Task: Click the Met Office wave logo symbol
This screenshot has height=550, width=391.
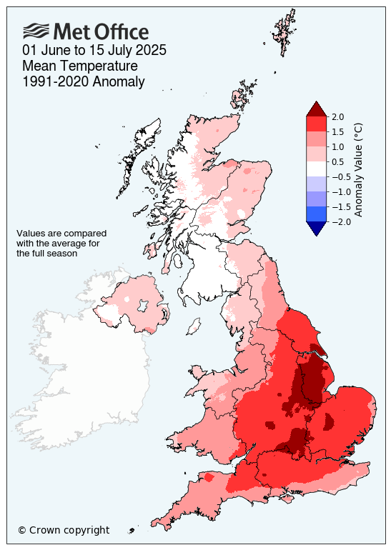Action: pyautogui.click(x=36, y=31)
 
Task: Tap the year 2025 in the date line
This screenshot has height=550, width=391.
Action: pyautogui.click(x=150, y=50)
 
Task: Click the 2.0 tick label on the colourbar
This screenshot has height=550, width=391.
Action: pyautogui.click(x=338, y=116)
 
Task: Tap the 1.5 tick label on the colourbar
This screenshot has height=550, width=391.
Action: pyautogui.click(x=338, y=131)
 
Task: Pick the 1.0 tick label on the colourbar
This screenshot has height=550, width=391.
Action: pyautogui.click(x=338, y=146)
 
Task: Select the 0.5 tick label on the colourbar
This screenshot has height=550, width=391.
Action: pyautogui.click(x=338, y=161)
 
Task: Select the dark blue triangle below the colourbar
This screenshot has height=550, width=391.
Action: pyautogui.click(x=316, y=228)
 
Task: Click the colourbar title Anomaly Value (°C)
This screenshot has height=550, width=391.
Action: pyautogui.click(x=359, y=169)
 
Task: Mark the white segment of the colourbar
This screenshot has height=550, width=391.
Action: pyautogui.click(x=316, y=169)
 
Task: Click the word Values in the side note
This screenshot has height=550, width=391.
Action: pyautogui.click(x=30, y=234)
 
